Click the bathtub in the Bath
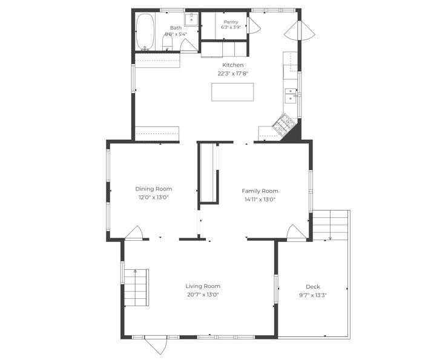145,31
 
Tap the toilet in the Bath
167,43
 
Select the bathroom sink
191,19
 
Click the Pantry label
231,22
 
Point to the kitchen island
232,92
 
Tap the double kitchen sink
291,96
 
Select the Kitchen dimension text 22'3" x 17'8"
233,74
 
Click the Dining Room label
154,189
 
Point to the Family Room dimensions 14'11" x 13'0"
260,200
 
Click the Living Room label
203,286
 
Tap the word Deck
313,287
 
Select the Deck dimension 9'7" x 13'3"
313,295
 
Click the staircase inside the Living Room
136,287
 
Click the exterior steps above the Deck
330,225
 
